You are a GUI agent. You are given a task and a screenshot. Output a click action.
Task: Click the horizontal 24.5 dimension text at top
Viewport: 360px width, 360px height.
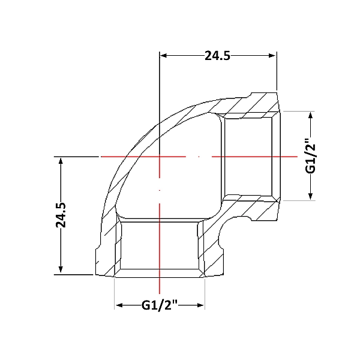pos(217,56)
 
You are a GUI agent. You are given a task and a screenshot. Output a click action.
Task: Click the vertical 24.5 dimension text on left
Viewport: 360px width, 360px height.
pos(61,215)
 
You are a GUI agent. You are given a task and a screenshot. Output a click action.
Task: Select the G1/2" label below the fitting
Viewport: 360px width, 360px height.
pos(160,305)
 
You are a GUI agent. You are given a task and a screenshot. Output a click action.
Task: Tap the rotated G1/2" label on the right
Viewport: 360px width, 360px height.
pos(310,155)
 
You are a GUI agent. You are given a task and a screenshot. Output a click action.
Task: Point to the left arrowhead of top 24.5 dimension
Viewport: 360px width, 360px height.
pos(163,56)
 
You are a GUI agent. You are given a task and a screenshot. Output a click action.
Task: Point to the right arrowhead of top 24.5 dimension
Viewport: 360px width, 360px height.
pos(272,56)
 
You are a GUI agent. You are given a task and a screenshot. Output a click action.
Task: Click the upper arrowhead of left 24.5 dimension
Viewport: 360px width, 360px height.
pos(61,161)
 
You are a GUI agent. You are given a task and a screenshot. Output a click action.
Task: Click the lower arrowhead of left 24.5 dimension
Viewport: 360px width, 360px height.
pos(61,269)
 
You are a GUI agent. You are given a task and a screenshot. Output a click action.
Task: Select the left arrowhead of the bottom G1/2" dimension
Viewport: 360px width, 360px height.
pos(119,305)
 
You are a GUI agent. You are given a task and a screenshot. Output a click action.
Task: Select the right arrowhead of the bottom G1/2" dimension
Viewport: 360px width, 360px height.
pos(200,305)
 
